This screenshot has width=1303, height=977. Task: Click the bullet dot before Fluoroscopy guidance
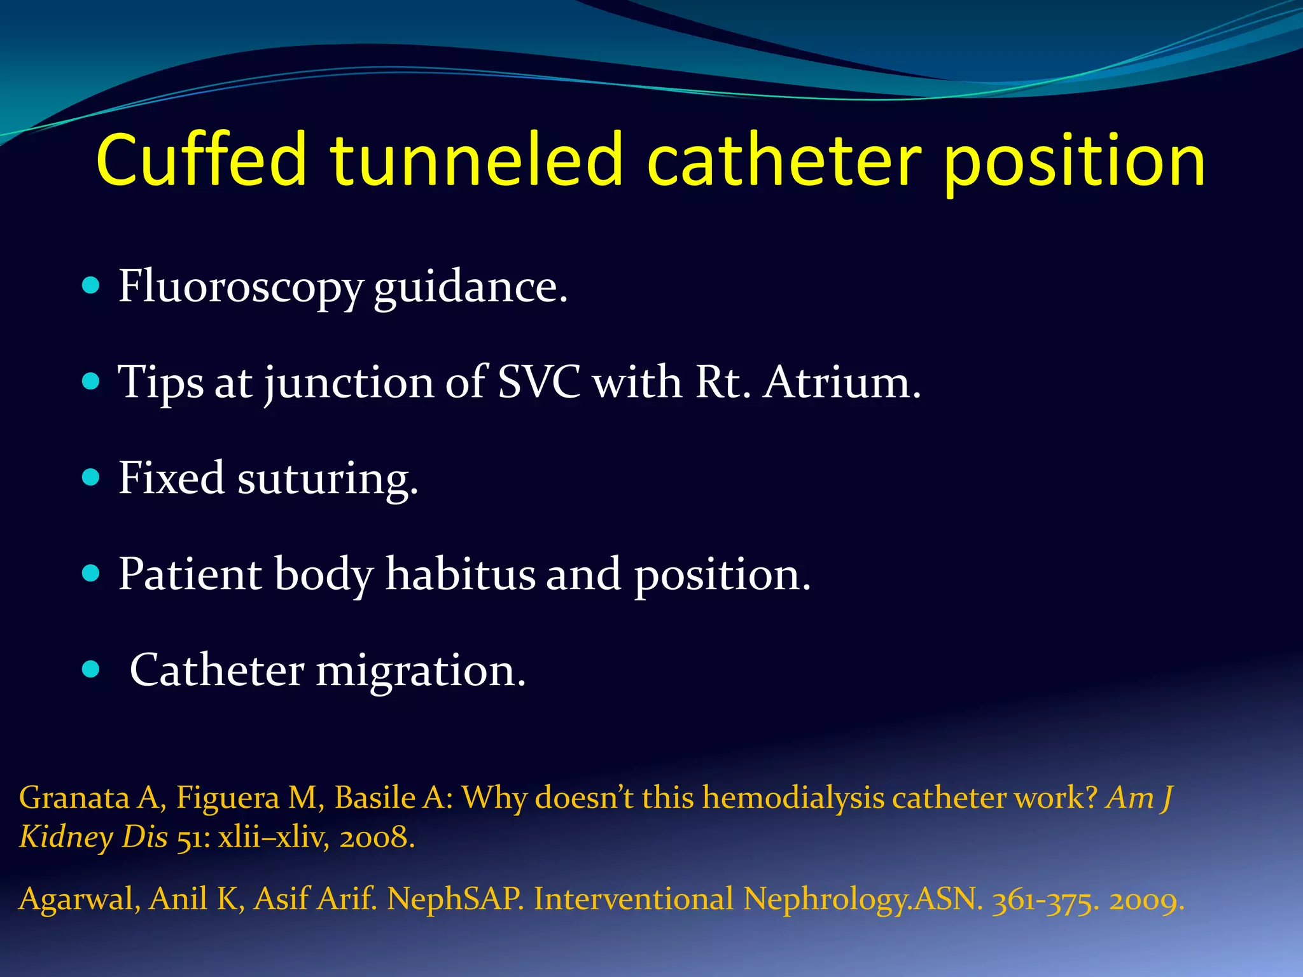click(92, 285)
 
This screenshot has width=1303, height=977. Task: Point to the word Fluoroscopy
click(240, 288)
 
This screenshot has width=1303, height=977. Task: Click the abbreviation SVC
click(538, 382)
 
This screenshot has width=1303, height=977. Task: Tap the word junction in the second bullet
click(349, 384)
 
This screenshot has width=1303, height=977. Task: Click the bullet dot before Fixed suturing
click(92, 477)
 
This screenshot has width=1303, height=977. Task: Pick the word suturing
click(328, 480)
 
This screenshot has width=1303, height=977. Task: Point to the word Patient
click(190, 574)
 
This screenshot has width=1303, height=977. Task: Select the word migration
click(421, 672)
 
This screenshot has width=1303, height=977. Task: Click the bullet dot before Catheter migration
click(92, 669)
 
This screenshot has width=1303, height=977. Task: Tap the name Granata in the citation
click(74, 798)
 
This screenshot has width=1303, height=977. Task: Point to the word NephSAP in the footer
click(456, 899)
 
